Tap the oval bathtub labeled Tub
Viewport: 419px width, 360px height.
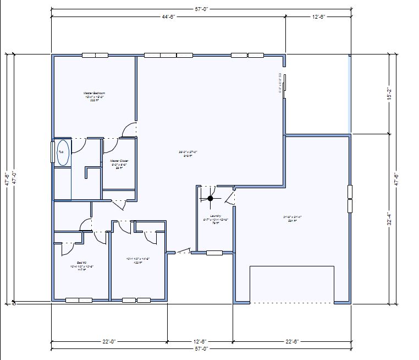(63, 152)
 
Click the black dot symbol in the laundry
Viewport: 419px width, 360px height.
(210, 199)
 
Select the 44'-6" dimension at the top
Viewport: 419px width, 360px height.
(168, 17)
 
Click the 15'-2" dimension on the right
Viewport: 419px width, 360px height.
(389, 94)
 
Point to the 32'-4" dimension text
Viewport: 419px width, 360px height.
(389, 219)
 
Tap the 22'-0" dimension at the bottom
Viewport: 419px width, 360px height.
(109, 341)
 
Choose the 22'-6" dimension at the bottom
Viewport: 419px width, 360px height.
(292, 341)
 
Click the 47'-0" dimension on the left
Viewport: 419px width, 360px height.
(14, 179)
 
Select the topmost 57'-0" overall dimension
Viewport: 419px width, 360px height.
(201, 8)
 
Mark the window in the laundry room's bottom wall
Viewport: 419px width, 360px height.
(214, 253)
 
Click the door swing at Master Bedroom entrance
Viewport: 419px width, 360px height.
(129, 129)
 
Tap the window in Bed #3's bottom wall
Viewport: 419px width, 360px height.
(79, 300)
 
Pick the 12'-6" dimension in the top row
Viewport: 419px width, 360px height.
(318, 17)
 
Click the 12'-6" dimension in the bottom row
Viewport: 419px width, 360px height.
(201, 341)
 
